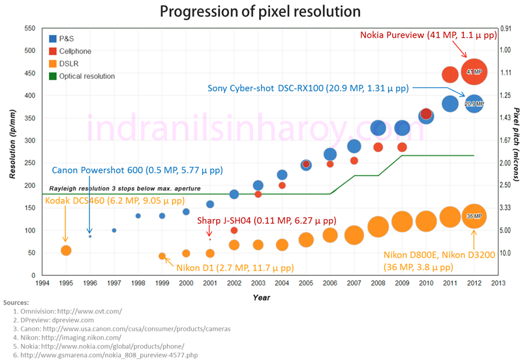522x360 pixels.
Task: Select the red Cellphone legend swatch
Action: coord(53,51)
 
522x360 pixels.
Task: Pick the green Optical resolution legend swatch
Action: coord(53,76)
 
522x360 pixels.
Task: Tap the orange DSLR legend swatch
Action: coord(53,63)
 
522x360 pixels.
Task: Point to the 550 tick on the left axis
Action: coord(29,28)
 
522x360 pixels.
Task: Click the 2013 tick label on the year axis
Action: coord(498,284)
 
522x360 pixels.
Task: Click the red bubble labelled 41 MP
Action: coord(474,72)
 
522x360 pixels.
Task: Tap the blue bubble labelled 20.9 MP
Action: coord(474,103)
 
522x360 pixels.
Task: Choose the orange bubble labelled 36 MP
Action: coord(474,216)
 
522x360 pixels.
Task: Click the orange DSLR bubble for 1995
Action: coord(66,250)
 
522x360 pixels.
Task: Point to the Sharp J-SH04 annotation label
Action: coord(267,221)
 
